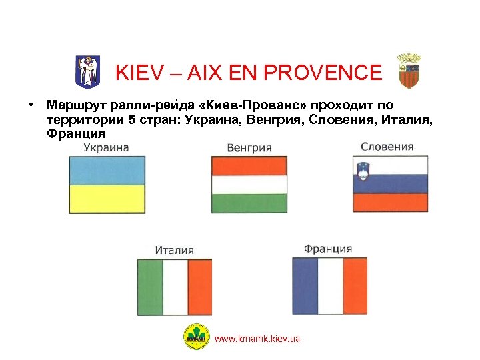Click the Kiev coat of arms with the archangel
click(x=86, y=71)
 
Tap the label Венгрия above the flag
click(x=249, y=147)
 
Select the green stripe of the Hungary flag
click(x=249, y=203)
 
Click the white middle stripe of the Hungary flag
click(x=249, y=184)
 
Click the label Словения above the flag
click(x=387, y=147)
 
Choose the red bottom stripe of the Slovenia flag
click(x=390, y=202)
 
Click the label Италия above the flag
click(x=174, y=250)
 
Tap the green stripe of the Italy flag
click(x=150, y=287)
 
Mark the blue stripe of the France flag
click(x=305, y=286)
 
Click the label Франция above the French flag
click(x=328, y=249)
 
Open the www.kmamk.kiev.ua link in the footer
click(x=257, y=339)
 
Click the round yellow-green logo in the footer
click(x=196, y=337)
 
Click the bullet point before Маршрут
click(x=31, y=105)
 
